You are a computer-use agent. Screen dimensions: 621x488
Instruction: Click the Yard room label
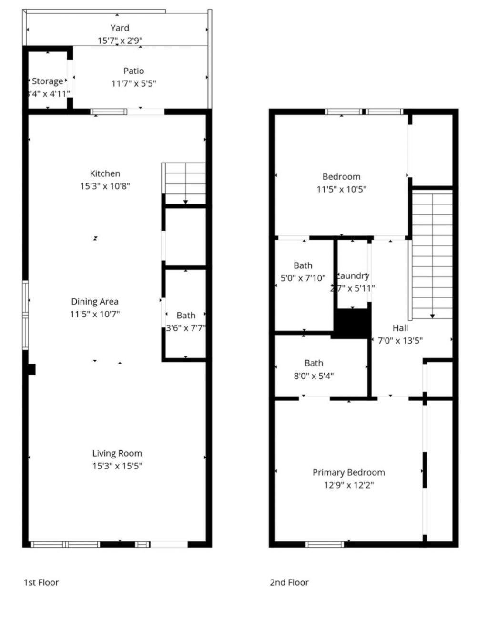120,28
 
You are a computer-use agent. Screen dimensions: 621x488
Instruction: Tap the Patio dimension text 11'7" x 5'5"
134,84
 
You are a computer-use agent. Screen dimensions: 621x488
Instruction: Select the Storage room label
47,81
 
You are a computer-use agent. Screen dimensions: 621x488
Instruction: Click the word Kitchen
105,173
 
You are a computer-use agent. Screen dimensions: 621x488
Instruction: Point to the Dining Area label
94,301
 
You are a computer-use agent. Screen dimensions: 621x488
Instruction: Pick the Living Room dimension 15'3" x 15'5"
117,466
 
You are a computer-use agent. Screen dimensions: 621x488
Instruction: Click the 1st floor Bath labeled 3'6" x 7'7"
186,315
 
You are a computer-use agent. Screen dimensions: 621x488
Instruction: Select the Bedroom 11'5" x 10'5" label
341,177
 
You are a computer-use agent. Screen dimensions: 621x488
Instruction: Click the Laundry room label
353,275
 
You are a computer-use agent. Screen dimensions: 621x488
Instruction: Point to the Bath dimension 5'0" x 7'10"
303,278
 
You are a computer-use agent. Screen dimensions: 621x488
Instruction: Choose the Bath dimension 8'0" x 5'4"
314,376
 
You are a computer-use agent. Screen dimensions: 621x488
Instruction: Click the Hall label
400,328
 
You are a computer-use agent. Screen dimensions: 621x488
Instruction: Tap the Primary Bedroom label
348,472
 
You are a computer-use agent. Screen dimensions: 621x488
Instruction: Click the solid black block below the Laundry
352,324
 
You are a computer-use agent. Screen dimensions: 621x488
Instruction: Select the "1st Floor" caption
41,582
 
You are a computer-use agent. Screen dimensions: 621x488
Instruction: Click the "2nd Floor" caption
289,582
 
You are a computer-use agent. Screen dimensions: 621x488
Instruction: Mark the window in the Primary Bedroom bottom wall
325,544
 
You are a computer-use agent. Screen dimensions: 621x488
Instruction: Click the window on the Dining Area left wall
26,315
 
